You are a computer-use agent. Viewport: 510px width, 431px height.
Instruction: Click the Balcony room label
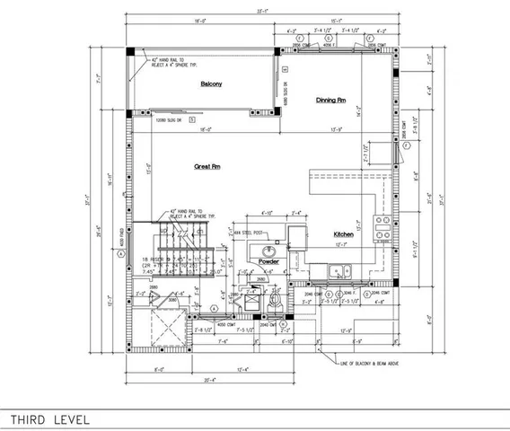[212, 84]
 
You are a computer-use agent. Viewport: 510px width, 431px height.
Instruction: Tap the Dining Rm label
[330, 100]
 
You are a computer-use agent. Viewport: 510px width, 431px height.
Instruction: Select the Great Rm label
[208, 167]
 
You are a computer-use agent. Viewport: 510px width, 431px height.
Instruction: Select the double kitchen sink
[339, 271]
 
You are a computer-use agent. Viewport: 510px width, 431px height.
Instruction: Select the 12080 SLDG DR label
[168, 119]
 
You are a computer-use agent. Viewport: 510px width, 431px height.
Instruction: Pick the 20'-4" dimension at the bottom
[182, 381]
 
